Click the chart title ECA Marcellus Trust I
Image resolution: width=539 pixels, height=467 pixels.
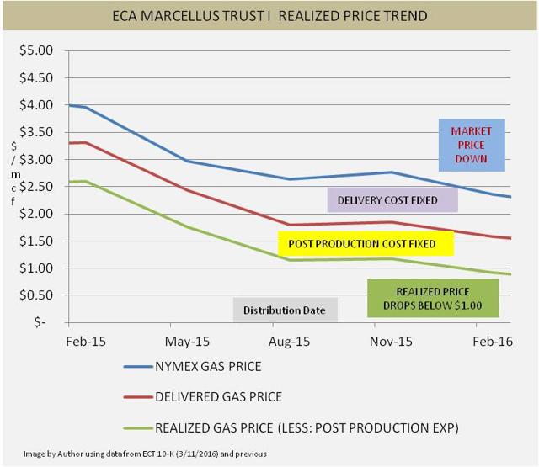[269, 16]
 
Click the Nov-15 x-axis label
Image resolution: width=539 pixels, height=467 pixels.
[391, 344]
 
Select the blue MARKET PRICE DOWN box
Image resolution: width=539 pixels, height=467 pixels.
[471, 145]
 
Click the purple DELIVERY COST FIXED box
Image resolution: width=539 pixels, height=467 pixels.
[391, 200]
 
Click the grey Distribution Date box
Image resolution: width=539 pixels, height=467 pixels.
[285, 310]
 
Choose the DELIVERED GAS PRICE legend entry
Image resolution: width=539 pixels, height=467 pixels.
[217, 397]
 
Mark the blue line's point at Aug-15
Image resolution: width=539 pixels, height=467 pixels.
[290, 179]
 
